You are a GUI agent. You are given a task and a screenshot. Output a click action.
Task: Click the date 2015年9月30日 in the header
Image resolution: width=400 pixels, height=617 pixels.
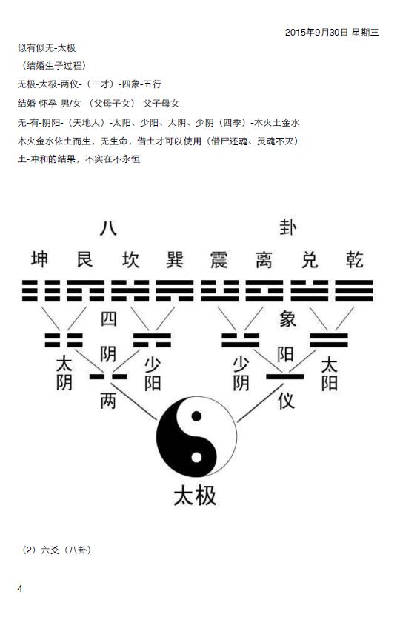click(x=316, y=33)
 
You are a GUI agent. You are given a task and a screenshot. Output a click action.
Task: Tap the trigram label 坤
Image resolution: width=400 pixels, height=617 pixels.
click(x=40, y=259)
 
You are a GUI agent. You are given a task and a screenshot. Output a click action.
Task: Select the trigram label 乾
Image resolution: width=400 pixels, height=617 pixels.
click(x=354, y=259)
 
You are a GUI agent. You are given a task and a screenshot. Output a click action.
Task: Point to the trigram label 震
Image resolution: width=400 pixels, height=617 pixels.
click(x=219, y=259)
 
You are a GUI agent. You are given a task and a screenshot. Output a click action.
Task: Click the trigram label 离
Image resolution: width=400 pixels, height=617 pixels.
click(x=264, y=259)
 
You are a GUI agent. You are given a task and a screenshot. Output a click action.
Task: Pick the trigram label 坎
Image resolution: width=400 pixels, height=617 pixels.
click(x=130, y=259)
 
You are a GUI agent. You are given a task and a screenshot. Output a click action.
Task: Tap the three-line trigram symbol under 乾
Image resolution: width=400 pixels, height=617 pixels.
click(x=354, y=291)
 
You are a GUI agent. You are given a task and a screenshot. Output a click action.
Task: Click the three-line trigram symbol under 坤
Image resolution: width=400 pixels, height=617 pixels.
click(x=40, y=291)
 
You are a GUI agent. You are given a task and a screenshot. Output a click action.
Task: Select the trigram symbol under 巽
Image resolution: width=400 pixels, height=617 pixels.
click(x=175, y=291)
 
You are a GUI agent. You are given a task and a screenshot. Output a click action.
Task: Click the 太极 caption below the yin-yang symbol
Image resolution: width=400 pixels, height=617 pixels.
click(x=195, y=496)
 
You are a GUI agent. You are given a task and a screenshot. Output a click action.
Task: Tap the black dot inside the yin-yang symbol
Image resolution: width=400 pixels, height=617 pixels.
click(x=196, y=416)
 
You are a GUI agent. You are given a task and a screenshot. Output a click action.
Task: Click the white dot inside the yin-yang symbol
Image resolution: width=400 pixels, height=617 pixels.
click(x=196, y=457)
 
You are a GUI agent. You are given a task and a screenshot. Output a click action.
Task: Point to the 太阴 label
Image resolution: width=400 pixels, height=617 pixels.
click(x=64, y=373)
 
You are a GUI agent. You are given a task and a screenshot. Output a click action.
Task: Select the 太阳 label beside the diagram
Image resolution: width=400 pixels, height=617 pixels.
click(x=329, y=374)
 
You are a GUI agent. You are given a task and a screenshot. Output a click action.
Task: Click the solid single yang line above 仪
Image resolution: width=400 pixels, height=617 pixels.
click(x=285, y=377)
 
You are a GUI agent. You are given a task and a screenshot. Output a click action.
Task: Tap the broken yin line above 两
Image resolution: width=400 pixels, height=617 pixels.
click(x=108, y=377)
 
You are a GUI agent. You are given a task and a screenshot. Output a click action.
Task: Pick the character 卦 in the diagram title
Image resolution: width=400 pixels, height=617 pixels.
click(x=288, y=227)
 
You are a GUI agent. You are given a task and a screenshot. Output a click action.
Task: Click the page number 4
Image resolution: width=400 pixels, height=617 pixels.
click(x=20, y=589)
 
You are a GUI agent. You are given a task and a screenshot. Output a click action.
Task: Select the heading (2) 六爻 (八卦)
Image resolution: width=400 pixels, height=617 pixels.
click(x=56, y=550)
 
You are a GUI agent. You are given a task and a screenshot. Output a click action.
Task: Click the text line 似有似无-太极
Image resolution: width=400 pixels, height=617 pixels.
click(x=47, y=48)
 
